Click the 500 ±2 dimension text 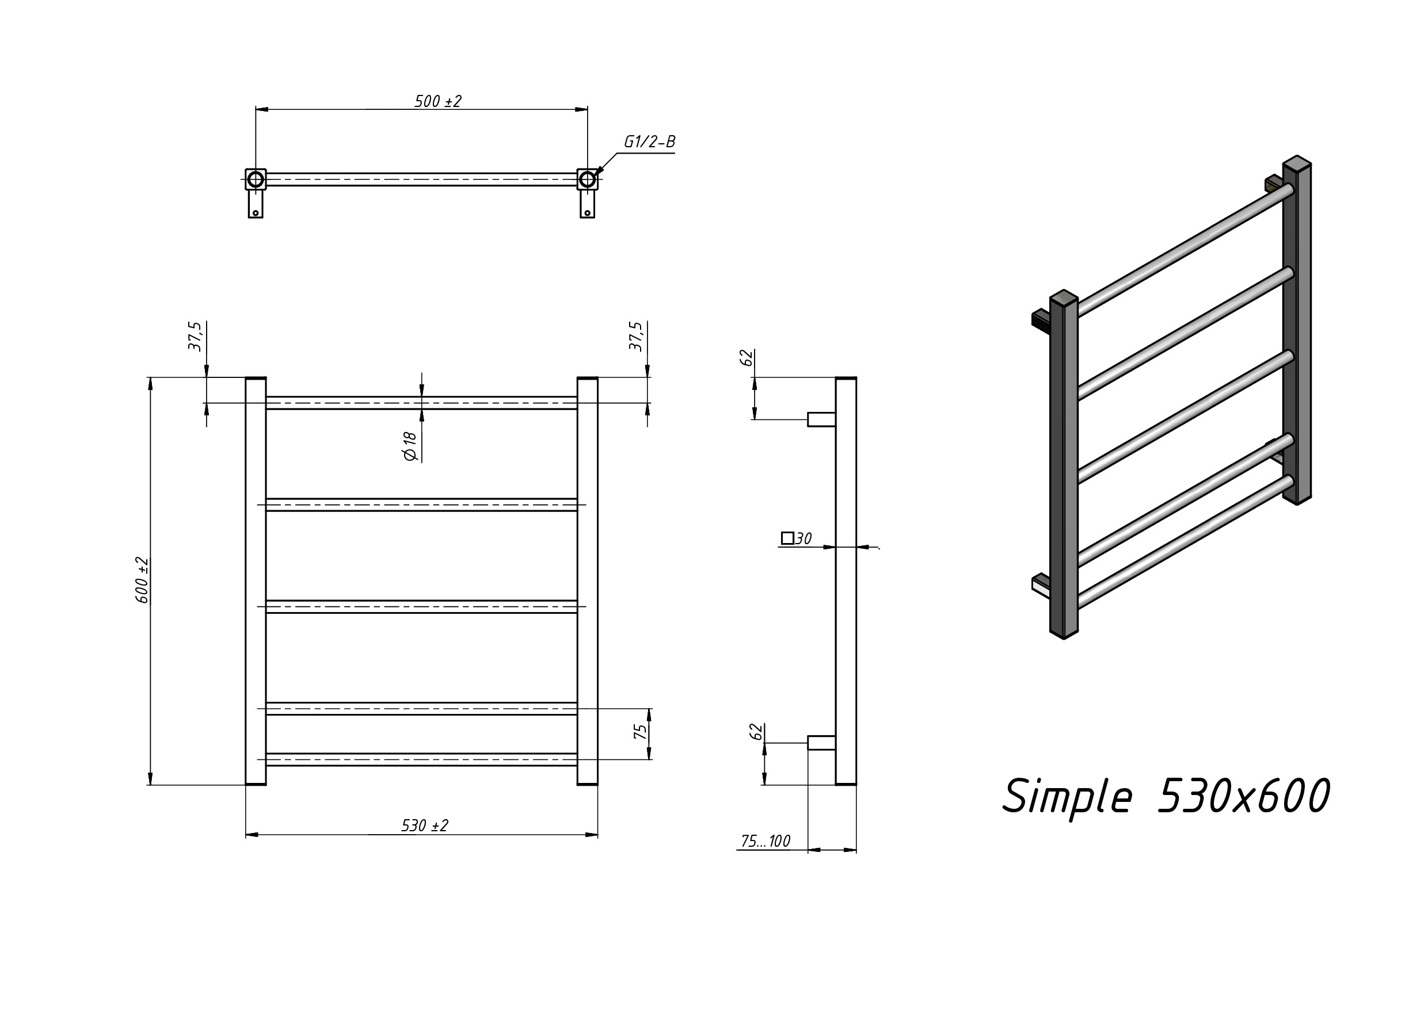[x=438, y=101]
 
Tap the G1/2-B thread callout [x=649, y=142]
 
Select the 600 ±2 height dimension [x=142, y=580]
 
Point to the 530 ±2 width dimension [x=425, y=825]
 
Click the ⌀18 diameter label [x=410, y=446]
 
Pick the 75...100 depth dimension [x=766, y=841]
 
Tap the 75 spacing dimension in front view [x=640, y=732]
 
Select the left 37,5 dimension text [x=195, y=337]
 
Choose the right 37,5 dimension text [x=635, y=337]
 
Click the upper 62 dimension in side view [x=747, y=358]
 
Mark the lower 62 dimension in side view [x=756, y=732]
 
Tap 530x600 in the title [x=1243, y=796]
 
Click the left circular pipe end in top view [x=256, y=179]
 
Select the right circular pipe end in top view [x=587, y=179]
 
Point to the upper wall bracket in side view [x=821, y=419]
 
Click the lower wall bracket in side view [x=821, y=743]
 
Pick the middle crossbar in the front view [x=422, y=607]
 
